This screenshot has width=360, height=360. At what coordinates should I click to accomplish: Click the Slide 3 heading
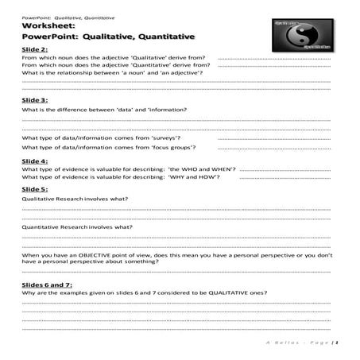[35, 99]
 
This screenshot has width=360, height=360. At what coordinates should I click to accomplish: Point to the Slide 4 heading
[35, 161]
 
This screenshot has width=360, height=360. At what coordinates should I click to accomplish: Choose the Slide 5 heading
[35, 189]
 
